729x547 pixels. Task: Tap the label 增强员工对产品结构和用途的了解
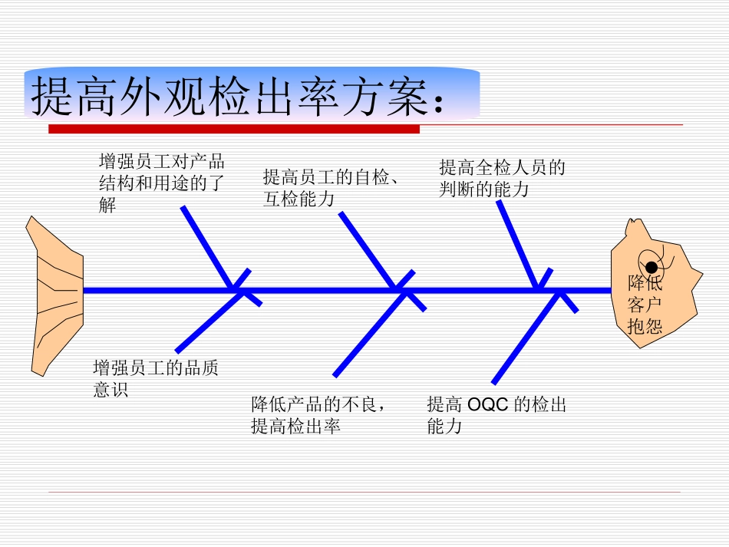click(x=162, y=183)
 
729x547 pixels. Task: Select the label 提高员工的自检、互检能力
click(x=330, y=188)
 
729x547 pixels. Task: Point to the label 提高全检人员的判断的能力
click(x=502, y=177)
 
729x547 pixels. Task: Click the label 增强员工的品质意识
click(x=155, y=378)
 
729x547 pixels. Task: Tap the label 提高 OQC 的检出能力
click(x=496, y=414)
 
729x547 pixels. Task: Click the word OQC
click(x=488, y=404)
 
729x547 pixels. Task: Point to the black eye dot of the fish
click(x=651, y=267)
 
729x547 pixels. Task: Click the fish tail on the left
click(x=55, y=295)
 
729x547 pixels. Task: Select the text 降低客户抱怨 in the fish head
click(x=645, y=304)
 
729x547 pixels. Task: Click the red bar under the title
click(x=234, y=129)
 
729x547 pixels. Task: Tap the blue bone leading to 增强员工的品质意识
click(x=206, y=322)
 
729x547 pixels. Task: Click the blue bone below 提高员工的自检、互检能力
click(x=367, y=249)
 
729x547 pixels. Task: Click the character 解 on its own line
click(x=107, y=206)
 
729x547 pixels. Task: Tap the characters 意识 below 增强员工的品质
click(x=111, y=389)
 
